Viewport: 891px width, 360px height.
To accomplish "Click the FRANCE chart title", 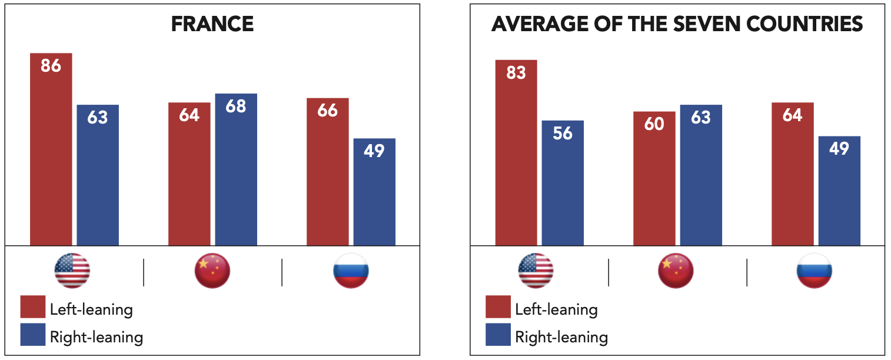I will coord(212,24).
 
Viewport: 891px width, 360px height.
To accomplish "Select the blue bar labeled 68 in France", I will coord(236,171).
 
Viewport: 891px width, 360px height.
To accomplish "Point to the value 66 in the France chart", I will coord(327,110).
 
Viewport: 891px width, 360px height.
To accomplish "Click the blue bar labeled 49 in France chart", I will coord(374,194).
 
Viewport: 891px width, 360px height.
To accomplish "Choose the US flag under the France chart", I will coord(72,271).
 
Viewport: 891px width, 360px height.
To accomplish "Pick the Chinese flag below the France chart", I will coord(212,271).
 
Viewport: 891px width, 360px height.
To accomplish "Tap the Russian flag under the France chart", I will coord(351,271).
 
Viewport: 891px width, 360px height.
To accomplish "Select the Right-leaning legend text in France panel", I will coord(97,337).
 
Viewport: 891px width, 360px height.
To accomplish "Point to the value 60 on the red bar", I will coord(654,124).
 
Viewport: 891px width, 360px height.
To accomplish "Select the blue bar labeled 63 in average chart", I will coord(701,176).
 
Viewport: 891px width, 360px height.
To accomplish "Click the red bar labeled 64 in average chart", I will coord(793,176).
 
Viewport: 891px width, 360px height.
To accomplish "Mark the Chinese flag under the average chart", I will coord(676,271).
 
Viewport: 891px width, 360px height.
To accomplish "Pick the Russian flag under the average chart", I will coord(814,271).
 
